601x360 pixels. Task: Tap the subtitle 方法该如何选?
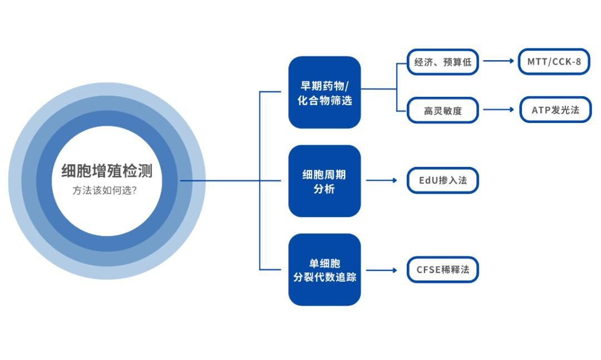click(x=105, y=190)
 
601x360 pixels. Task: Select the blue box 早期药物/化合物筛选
click(x=324, y=92)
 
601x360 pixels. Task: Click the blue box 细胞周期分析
click(x=324, y=181)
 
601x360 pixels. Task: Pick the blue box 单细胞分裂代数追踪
click(x=324, y=270)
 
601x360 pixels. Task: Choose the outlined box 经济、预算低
click(x=443, y=62)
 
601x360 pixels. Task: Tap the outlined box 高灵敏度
click(x=443, y=110)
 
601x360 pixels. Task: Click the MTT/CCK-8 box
click(x=554, y=62)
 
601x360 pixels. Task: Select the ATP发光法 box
click(x=555, y=110)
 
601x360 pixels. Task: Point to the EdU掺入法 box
click(x=442, y=180)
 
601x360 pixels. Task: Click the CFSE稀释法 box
click(x=442, y=270)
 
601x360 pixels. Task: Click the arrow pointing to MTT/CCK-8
click(x=499, y=61)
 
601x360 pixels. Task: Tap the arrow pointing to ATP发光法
click(x=499, y=110)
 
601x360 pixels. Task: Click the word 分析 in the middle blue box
click(x=324, y=189)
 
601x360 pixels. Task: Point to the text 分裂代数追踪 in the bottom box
click(x=324, y=277)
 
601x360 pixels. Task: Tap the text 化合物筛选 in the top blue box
click(x=324, y=101)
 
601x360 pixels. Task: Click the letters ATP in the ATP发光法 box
click(x=541, y=110)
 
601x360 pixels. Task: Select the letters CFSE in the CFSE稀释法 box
click(x=430, y=270)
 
